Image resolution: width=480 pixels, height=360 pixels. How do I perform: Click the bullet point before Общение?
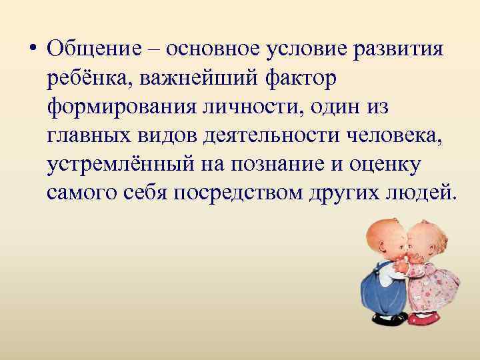click(33, 51)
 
